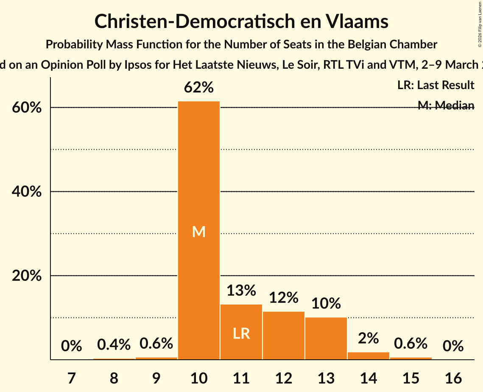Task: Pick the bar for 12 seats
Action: pyautogui.click(x=283, y=335)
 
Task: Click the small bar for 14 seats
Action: pyautogui.click(x=368, y=356)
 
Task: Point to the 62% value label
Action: pyautogui.click(x=198, y=87)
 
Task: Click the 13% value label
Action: pyautogui.click(x=241, y=291)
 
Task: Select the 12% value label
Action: pyautogui.click(x=283, y=297)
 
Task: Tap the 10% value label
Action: pyautogui.click(x=326, y=303)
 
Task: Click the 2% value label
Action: pyautogui.click(x=368, y=338)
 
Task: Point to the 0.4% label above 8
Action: pyautogui.click(x=114, y=345)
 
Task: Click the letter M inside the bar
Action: pyautogui.click(x=198, y=232)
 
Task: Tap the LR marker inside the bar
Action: pyautogui.click(x=241, y=333)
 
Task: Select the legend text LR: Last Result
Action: pyautogui.click(x=436, y=85)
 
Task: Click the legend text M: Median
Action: pyautogui.click(x=446, y=105)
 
